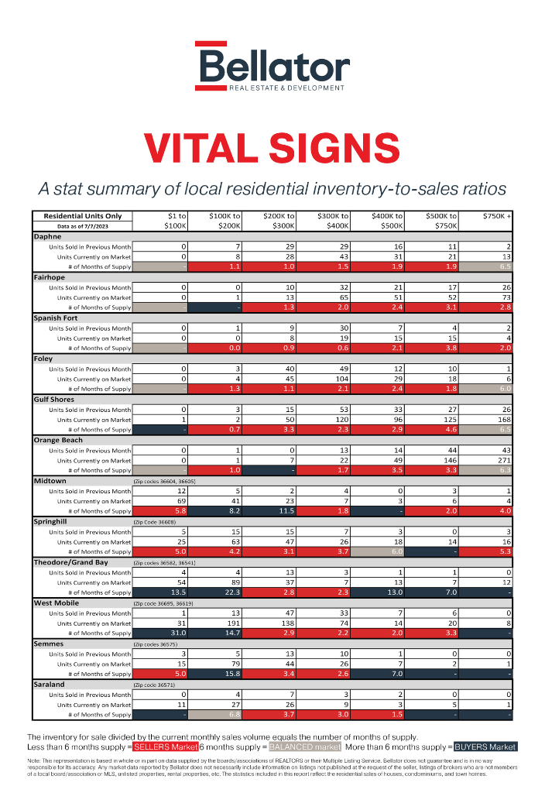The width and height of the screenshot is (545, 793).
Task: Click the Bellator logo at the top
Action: [272, 66]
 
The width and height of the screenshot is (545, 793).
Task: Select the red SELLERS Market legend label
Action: [165, 747]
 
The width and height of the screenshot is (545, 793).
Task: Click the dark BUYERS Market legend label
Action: [485, 747]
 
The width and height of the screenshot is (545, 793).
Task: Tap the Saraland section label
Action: [49, 685]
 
